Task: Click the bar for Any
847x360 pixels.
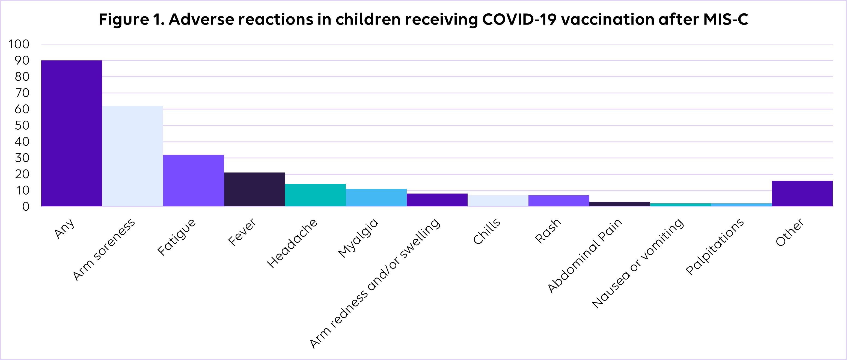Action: [72, 133]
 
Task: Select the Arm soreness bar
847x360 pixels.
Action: [132, 156]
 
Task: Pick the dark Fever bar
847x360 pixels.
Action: [254, 189]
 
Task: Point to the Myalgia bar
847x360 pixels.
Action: [376, 198]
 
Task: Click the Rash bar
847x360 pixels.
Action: [559, 201]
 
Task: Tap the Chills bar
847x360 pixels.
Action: [498, 201]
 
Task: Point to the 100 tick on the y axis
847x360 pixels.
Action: [19, 44]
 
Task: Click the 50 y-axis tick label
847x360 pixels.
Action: [22, 125]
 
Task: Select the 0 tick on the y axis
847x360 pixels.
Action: [26, 206]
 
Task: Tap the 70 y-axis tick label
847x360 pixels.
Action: [22, 93]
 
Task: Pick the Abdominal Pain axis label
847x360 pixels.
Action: [585, 255]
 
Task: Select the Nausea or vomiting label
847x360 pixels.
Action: [638, 263]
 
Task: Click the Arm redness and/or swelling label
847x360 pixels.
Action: [375, 283]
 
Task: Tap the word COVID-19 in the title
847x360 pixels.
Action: [519, 19]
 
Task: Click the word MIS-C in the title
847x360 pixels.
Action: [726, 19]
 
